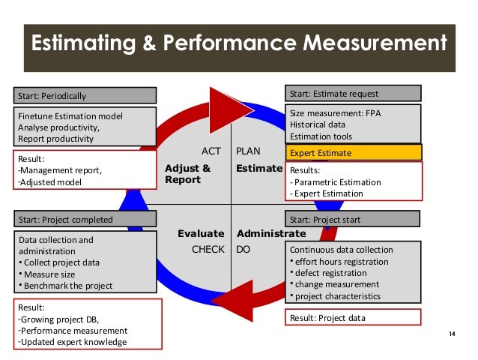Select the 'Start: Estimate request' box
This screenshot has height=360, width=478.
353,94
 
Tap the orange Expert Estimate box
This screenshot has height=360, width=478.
353,153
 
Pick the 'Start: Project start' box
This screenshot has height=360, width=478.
353,220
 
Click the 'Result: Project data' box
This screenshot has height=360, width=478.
353,317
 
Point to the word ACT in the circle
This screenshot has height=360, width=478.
212,151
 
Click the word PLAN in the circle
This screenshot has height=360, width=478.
249,151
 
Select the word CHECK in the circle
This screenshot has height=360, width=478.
208,249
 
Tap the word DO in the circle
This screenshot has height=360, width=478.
243,249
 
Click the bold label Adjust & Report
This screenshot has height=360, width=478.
188,174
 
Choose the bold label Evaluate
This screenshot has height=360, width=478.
201,234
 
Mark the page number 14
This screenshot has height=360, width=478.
451,333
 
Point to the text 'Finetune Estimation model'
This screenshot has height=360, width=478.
70,116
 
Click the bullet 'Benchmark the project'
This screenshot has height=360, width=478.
68,285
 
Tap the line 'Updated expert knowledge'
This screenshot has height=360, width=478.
73,342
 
